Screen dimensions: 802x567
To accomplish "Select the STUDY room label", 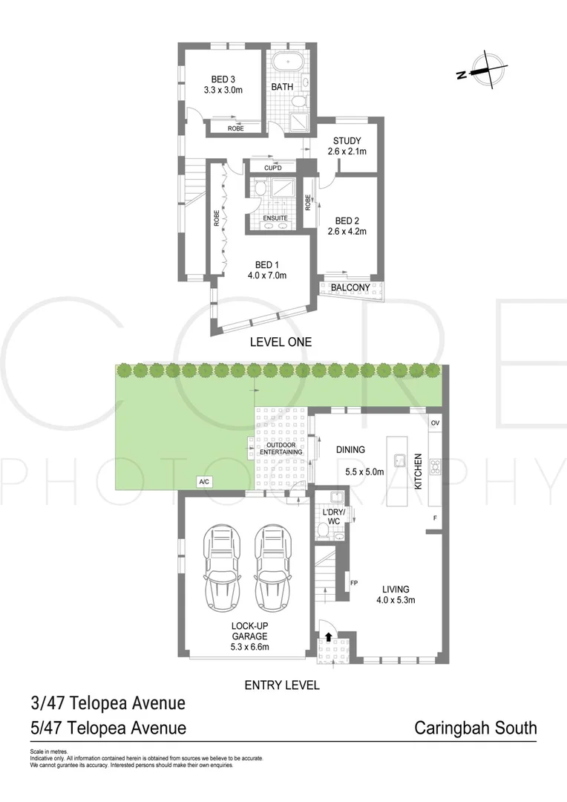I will pos(347,141).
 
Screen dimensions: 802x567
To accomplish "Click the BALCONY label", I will pos(350,287).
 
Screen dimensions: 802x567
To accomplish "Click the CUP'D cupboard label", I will pos(272,168).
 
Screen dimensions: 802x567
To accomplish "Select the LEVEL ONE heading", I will pos(281,342).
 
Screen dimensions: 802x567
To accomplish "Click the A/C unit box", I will pos(204,482).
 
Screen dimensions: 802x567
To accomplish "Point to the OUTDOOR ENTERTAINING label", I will pos(281,447).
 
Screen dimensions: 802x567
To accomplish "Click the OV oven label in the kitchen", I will pos(435,423).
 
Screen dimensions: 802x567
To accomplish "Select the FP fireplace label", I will pos(354,583).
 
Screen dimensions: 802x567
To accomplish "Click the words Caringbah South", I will pos(475,727).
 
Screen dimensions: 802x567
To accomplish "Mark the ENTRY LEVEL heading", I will pos(282,685).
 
